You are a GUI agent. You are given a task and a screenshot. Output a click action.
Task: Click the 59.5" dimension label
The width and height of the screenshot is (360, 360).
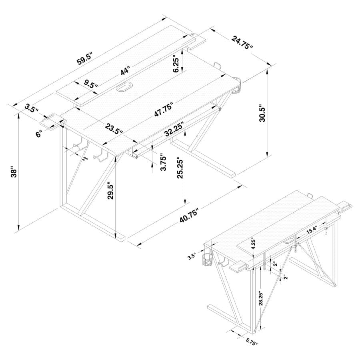84,59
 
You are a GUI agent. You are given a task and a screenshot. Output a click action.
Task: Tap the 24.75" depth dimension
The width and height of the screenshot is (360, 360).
241,42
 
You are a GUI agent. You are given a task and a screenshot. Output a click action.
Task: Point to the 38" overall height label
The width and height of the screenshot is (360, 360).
14,173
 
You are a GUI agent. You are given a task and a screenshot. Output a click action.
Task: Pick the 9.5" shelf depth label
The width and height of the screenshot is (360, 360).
91,84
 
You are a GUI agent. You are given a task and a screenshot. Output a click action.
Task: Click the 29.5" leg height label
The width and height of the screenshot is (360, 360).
111,191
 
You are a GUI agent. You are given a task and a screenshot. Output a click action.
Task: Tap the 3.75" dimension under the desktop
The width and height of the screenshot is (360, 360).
163,162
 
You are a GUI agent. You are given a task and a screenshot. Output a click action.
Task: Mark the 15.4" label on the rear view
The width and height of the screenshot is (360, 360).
312,230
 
